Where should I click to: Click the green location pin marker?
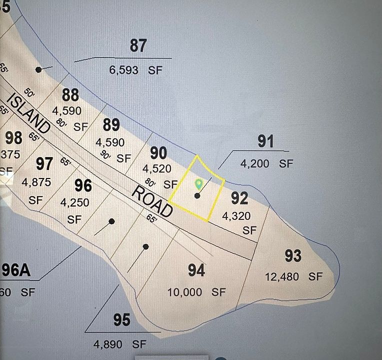tap(198, 184)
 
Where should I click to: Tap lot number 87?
tap(138, 45)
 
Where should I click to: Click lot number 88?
tap(70, 94)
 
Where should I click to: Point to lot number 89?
tap(111, 124)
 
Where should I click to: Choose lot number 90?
tap(158, 152)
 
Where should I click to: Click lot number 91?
tap(265, 141)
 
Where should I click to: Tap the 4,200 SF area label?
tap(266, 163)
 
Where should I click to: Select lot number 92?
tap(239, 198)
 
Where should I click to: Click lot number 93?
tap(293, 256)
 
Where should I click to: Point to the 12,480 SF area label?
tap(294, 276)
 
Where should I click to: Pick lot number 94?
tap(196, 270)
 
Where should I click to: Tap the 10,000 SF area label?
tap(196, 292)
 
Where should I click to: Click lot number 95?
tap(121, 320)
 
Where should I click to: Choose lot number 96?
tap(83, 185)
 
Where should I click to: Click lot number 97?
tap(44, 163)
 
